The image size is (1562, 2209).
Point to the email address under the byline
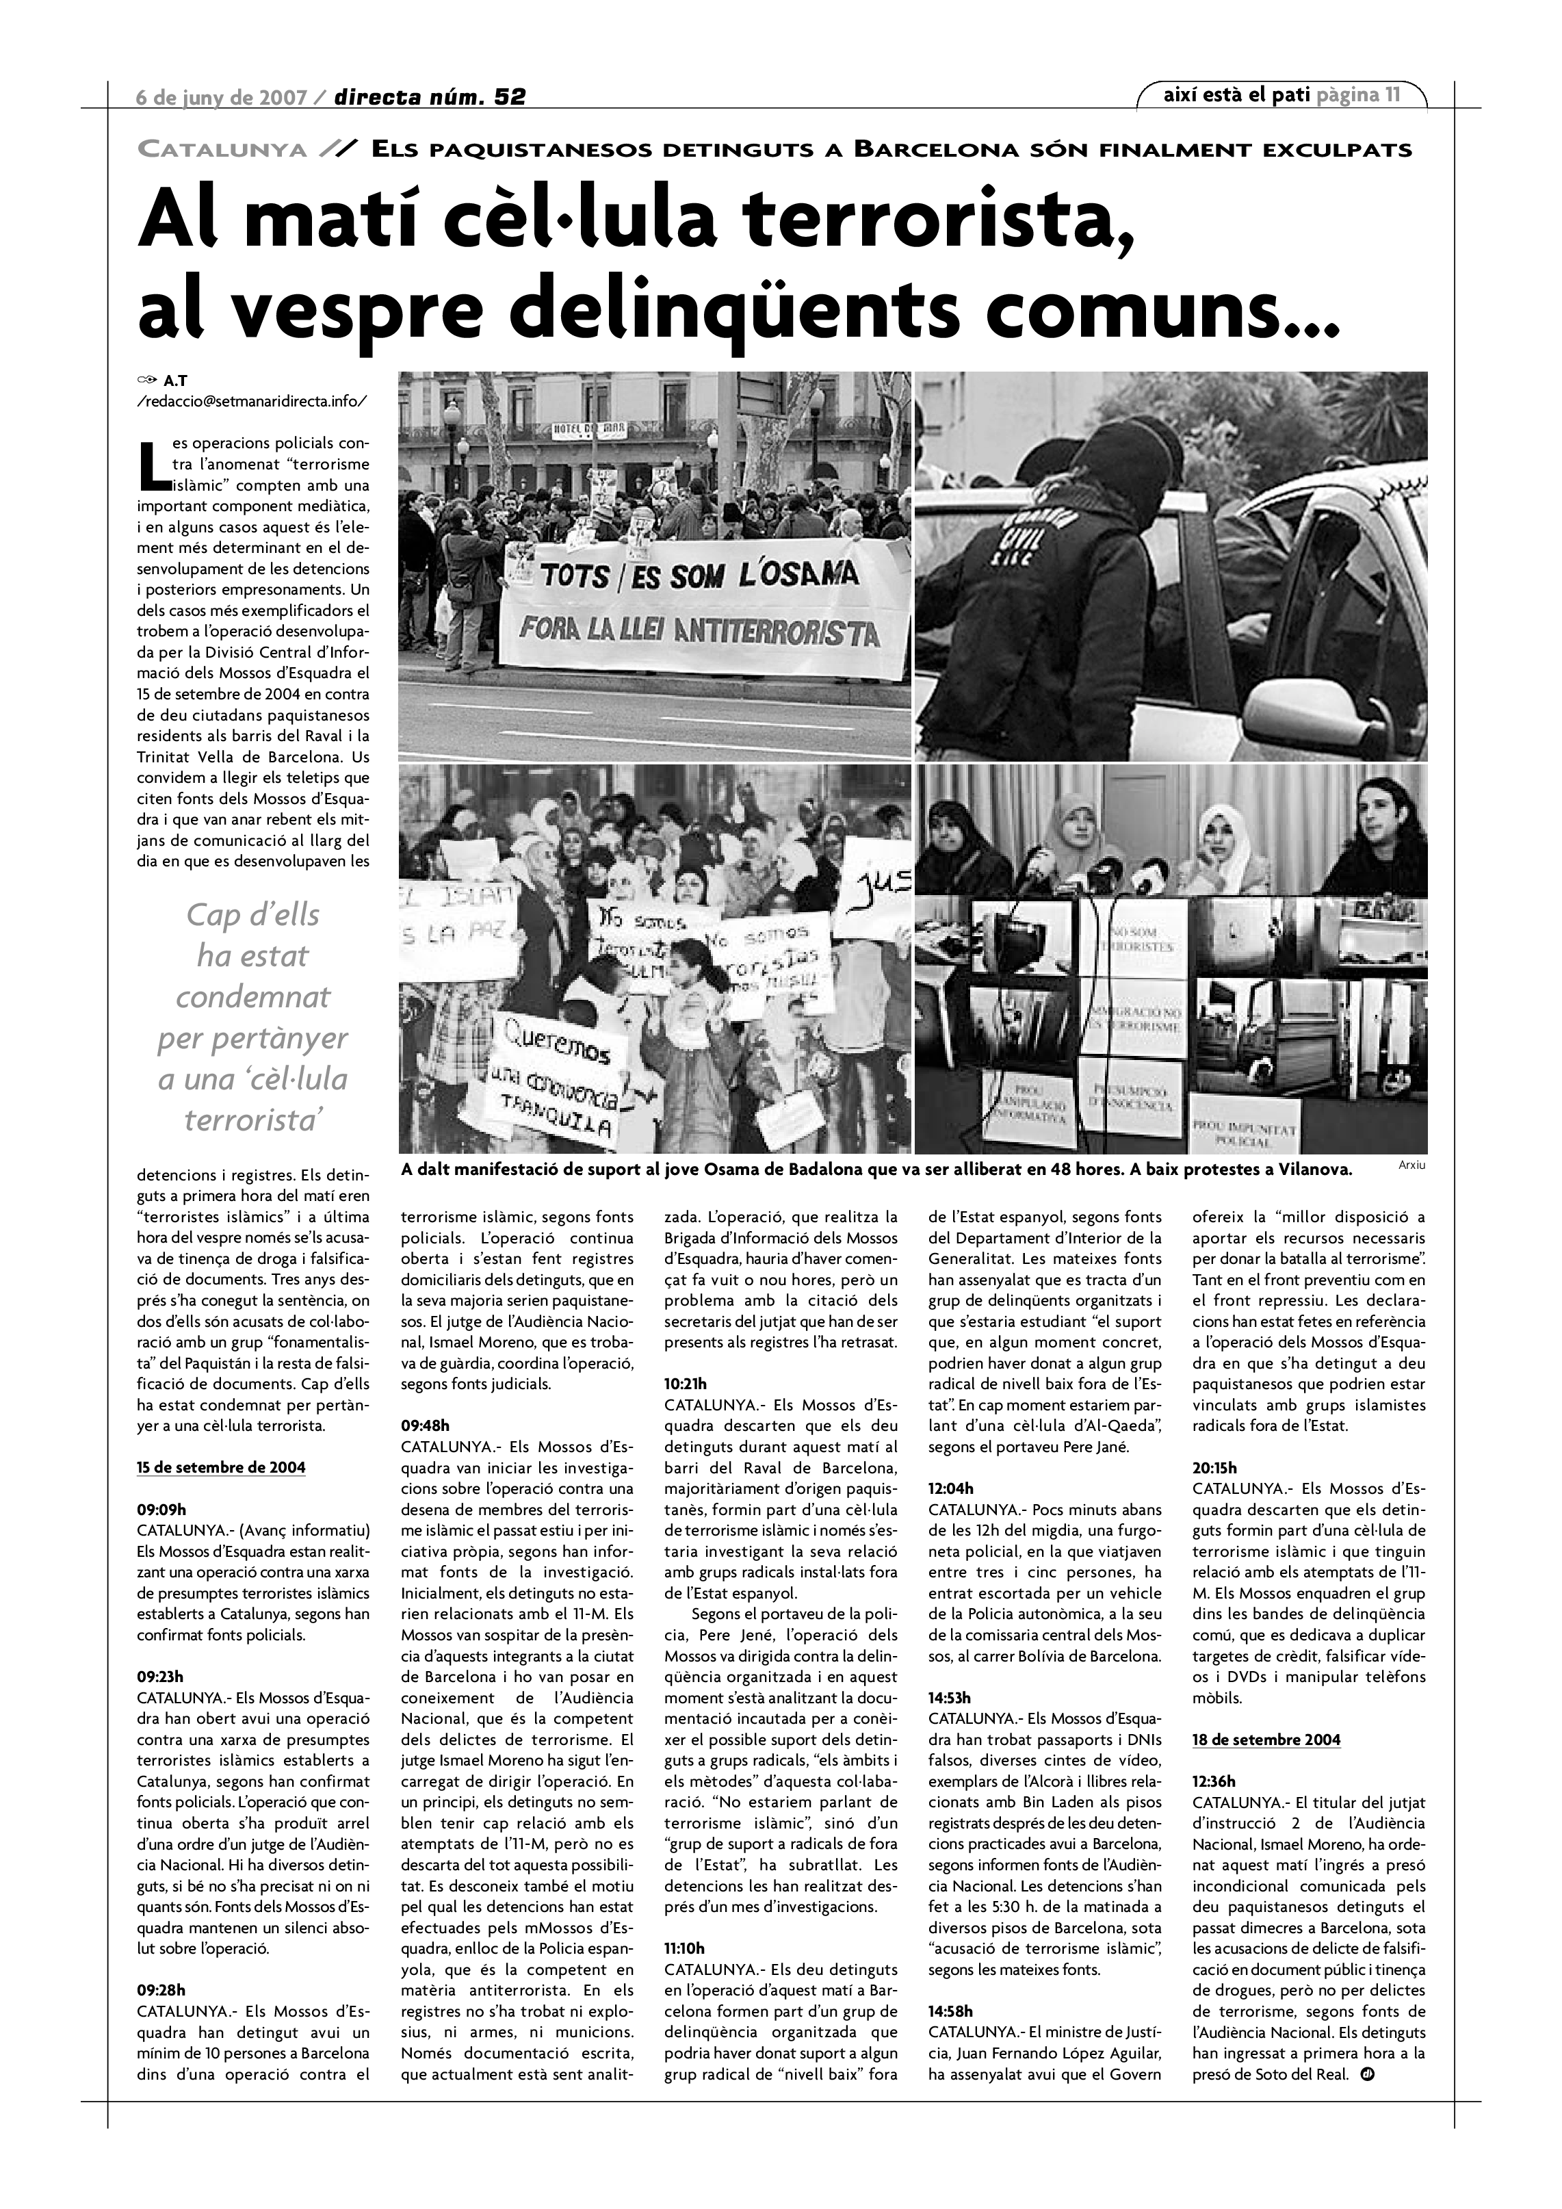(x=252, y=401)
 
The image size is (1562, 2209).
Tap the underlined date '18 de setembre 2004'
(x=1266, y=1740)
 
